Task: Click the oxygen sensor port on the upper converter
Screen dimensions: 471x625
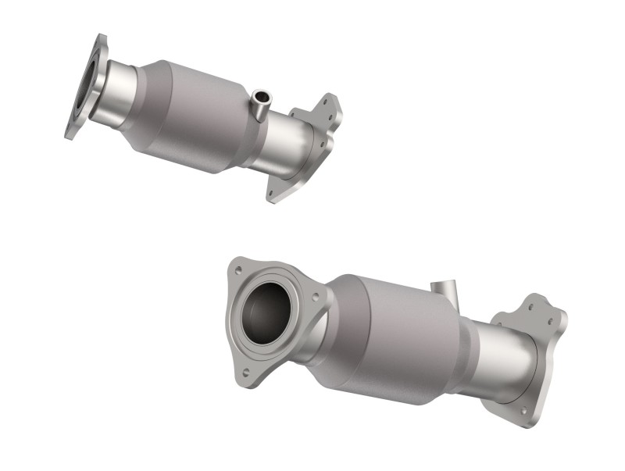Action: pos(260,98)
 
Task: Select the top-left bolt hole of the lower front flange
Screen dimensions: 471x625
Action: pos(237,270)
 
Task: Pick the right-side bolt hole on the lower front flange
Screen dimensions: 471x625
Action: pos(314,298)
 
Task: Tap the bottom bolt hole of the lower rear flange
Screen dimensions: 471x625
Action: pos(522,411)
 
